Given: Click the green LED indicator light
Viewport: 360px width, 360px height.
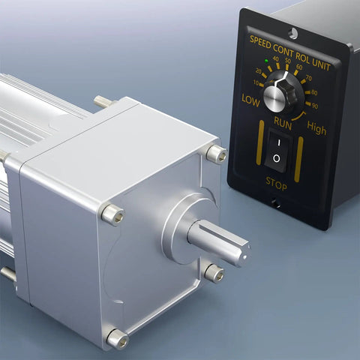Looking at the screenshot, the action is pyautogui.click(x=266, y=61).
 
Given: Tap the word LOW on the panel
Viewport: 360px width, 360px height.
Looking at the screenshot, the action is pyautogui.click(x=250, y=100).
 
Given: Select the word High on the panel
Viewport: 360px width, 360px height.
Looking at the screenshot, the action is pyautogui.click(x=316, y=127).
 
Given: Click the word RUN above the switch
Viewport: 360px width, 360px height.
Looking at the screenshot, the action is pyautogui.click(x=283, y=123).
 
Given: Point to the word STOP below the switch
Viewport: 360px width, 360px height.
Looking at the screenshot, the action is pyautogui.click(x=276, y=184).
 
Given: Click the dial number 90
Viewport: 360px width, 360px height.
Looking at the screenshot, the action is pyautogui.click(x=315, y=106).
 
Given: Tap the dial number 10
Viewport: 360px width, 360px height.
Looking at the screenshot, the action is pyautogui.click(x=256, y=82).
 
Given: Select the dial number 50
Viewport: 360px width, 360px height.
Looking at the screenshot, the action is pyautogui.click(x=288, y=61).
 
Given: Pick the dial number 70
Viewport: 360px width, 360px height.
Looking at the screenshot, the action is pyautogui.click(x=309, y=78).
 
